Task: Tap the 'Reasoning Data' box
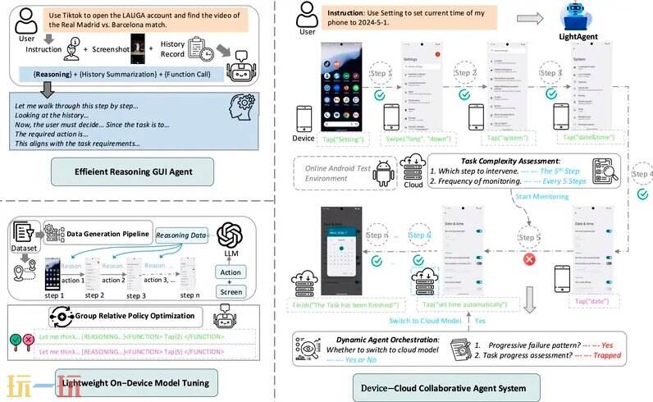[x=184, y=235]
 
